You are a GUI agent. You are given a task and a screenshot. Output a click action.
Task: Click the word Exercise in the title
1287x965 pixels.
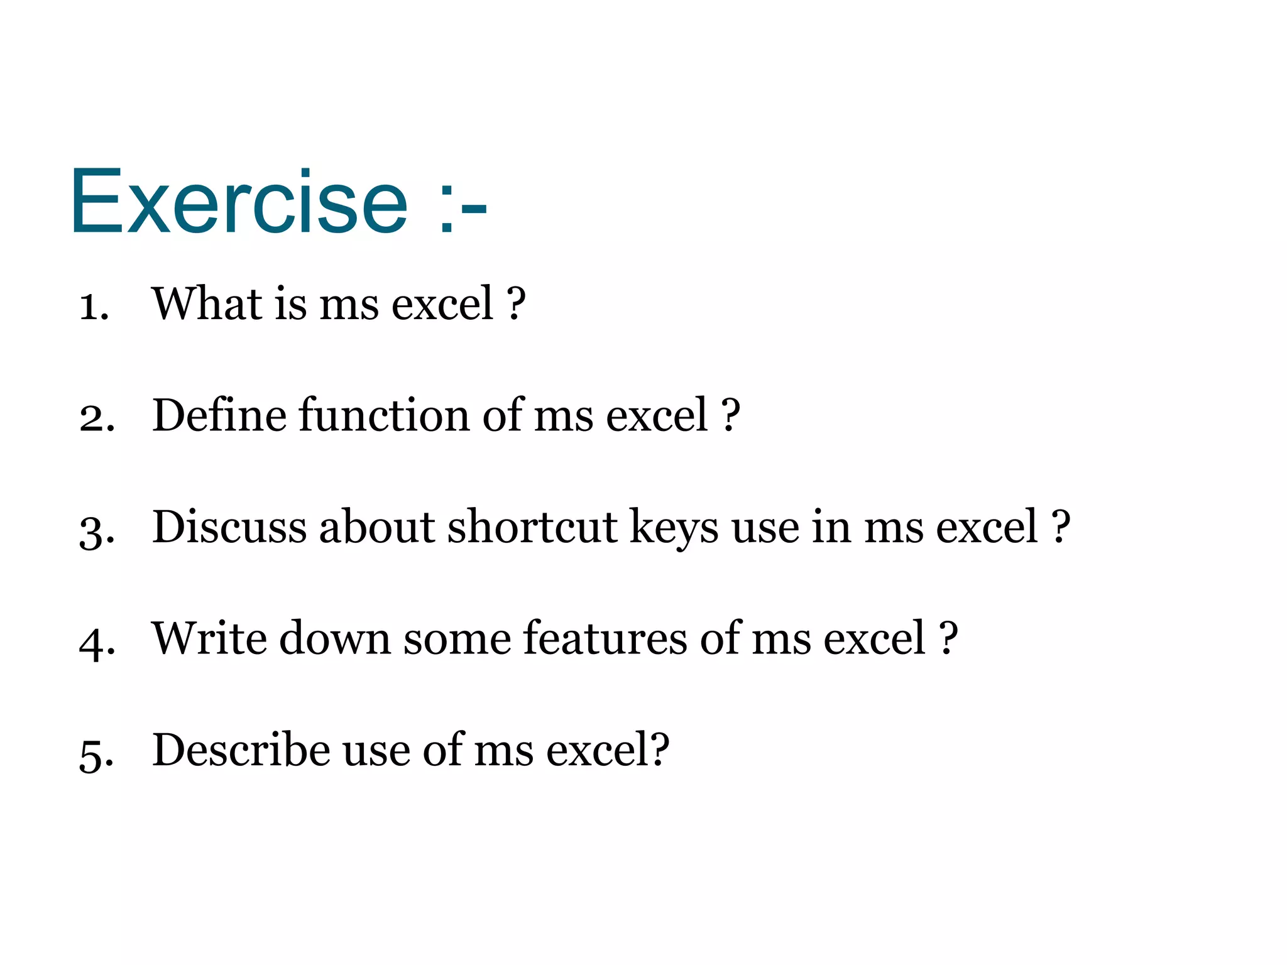(x=239, y=202)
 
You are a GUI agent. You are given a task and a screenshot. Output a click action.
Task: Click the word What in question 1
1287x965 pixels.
(x=207, y=303)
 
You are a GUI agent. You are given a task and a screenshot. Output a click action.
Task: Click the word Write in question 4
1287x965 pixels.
(x=209, y=638)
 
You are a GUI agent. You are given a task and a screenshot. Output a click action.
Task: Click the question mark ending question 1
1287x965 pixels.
(x=516, y=303)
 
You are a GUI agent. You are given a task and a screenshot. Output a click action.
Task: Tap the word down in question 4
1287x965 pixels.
(x=334, y=638)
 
